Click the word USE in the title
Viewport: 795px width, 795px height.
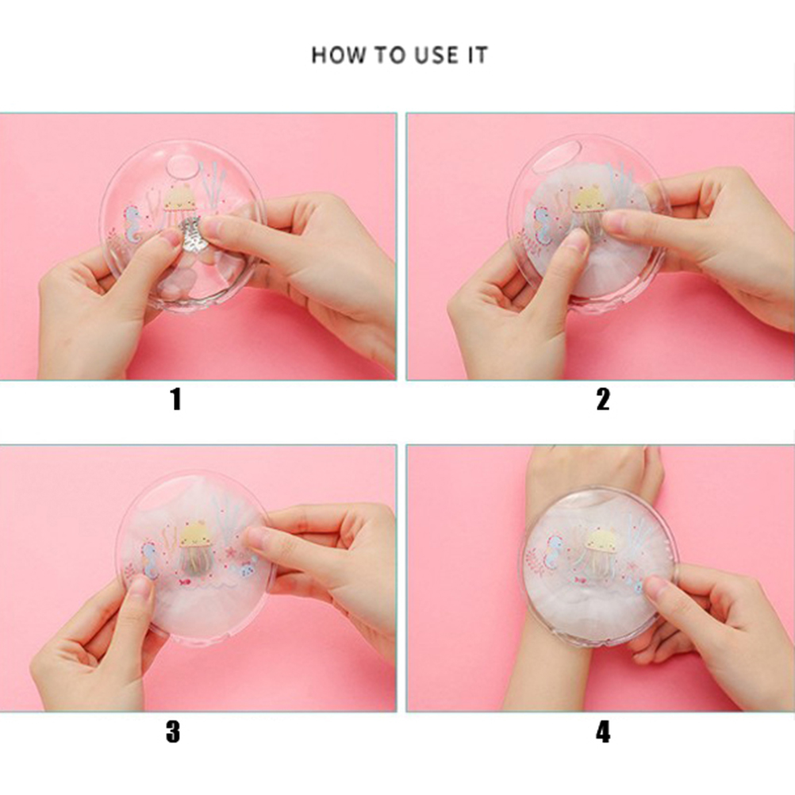pyautogui.click(x=436, y=55)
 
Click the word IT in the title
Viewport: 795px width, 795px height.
pyautogui.click(x=477, y=55)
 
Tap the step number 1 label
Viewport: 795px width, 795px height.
pyautogui.click(x=175, y=399)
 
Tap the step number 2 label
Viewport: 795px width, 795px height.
pyautogui.click(x=603, y=399)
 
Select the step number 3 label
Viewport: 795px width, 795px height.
pyautogui.click(x=173, y=732)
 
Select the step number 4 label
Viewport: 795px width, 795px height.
pyautogui.click(x=603, y=732)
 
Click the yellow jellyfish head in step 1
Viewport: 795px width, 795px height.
pyautogui.click(x=180, y=198)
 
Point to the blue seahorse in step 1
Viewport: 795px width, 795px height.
pyautogui.click(x=133, y=224)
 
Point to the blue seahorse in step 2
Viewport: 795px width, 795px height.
pyautogui.click(x=542, y=224)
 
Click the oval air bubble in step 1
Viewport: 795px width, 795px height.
pyautogui.click(x=182, y=165)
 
